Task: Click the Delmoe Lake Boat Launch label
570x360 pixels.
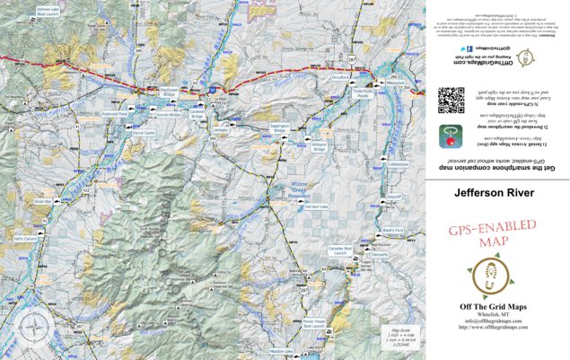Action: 48,11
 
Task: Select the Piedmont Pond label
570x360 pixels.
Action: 114,115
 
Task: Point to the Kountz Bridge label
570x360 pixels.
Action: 168,116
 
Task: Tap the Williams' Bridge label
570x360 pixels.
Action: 319,142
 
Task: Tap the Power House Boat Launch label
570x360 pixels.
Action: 314,321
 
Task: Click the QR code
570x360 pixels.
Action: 451,98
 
